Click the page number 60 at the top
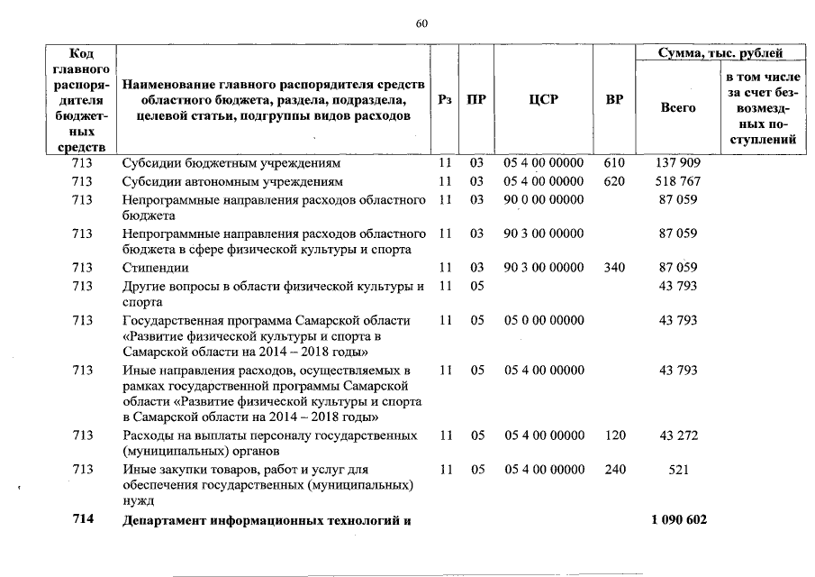(x=421, y=24)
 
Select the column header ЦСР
(x=543, y=100)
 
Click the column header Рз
(x=443, y=100)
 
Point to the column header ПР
(x=476, y=100)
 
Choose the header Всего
(x=677, y=108)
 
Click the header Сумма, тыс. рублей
(x=720, y=54)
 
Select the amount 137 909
(x=678, y=164)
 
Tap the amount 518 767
(x=678, y=181)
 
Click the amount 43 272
(x=678, y=435)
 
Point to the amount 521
(x=678, y=470)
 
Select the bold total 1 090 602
(x=678, y=522)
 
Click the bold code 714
(x=83, y=522)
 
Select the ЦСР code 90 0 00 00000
(x=543, y=198)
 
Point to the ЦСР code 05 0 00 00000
(x=543, y=320)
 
